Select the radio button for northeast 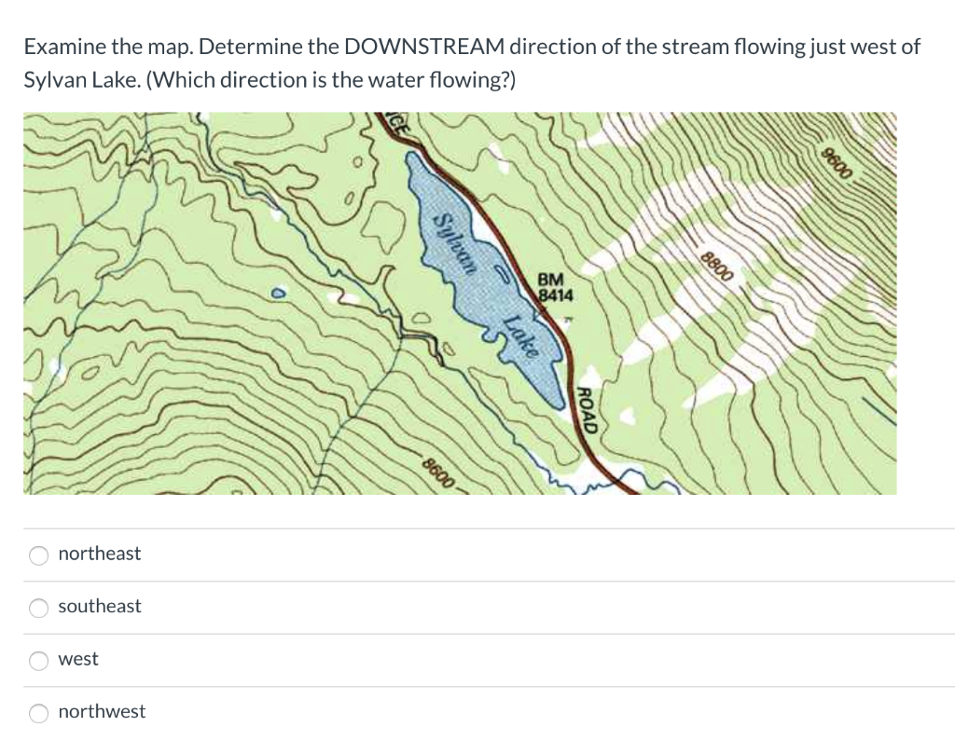tap(38, 555)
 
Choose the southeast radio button tap(38, 608)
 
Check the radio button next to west tap(38, 660)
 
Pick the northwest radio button tap(38, 713)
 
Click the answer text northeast tap(99, 554)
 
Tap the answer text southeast tap(100, 606)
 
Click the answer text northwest tap(102, 711)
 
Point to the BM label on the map tap(551, 280)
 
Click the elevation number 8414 tap(556, 295)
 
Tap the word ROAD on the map tap(588, 409)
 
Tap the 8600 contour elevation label tap(438, 472)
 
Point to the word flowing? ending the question tap(477, 79)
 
